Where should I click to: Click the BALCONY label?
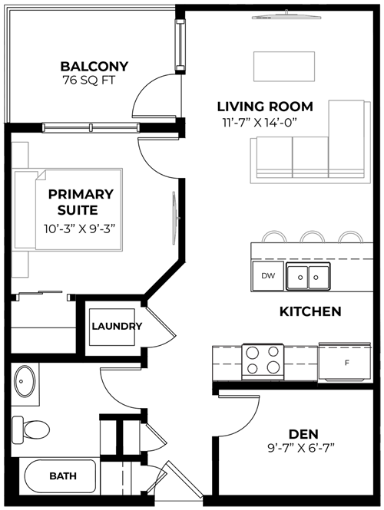[94, 67]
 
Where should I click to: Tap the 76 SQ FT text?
[89, 81]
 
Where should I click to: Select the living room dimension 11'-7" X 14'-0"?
[260, 123]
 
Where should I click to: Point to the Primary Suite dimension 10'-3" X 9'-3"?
[80, 229]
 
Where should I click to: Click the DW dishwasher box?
[268, 276]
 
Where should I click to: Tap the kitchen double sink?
[308, 276]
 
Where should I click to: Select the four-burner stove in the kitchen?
[263, 362]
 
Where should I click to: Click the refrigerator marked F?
[345, 362]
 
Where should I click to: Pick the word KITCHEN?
[310, 311]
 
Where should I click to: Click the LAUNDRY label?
[117, 326]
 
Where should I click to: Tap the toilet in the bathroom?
[31, 429]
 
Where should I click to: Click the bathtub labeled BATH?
[60, 475]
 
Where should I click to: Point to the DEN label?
[303, 434]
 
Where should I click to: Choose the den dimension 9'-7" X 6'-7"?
[301, 449]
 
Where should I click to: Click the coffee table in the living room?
[284, 67]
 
